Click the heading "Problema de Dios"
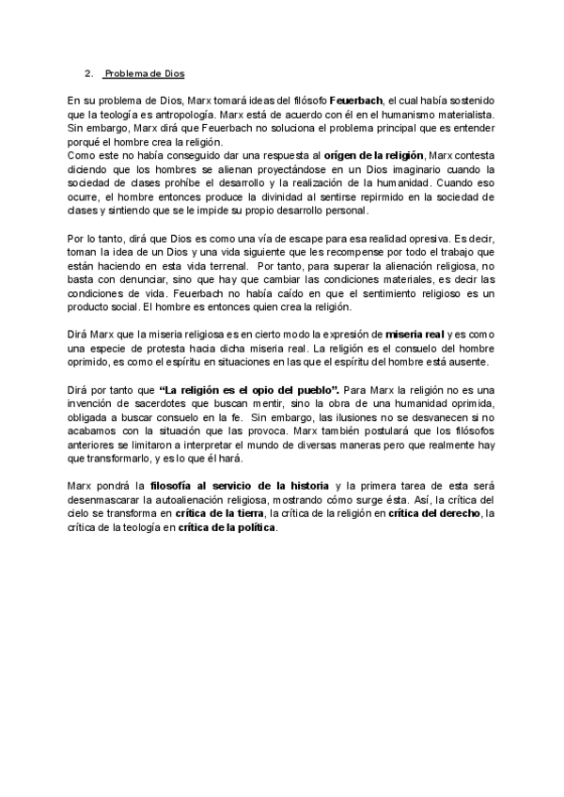(145, 73)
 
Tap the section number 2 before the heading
(88, 73)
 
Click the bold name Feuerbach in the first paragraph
(354, 100)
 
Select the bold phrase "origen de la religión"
(375, 154)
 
